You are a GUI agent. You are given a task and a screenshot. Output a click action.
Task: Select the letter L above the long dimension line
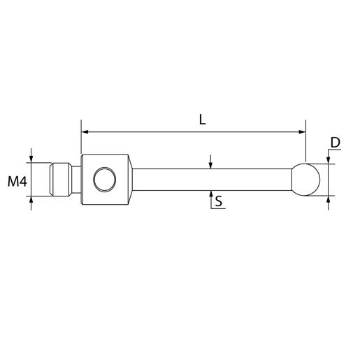point(202,120)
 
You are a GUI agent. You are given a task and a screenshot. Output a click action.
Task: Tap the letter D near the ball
point(335,143)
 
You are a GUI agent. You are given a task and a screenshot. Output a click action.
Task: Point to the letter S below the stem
point(219,202)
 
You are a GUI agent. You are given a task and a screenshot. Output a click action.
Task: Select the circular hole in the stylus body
point(105,180)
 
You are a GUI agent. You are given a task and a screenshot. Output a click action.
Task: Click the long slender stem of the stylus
point(210,180)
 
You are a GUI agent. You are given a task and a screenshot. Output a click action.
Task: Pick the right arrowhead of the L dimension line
point(302,131)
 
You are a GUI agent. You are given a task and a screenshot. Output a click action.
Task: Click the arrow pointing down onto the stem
point(210,166)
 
